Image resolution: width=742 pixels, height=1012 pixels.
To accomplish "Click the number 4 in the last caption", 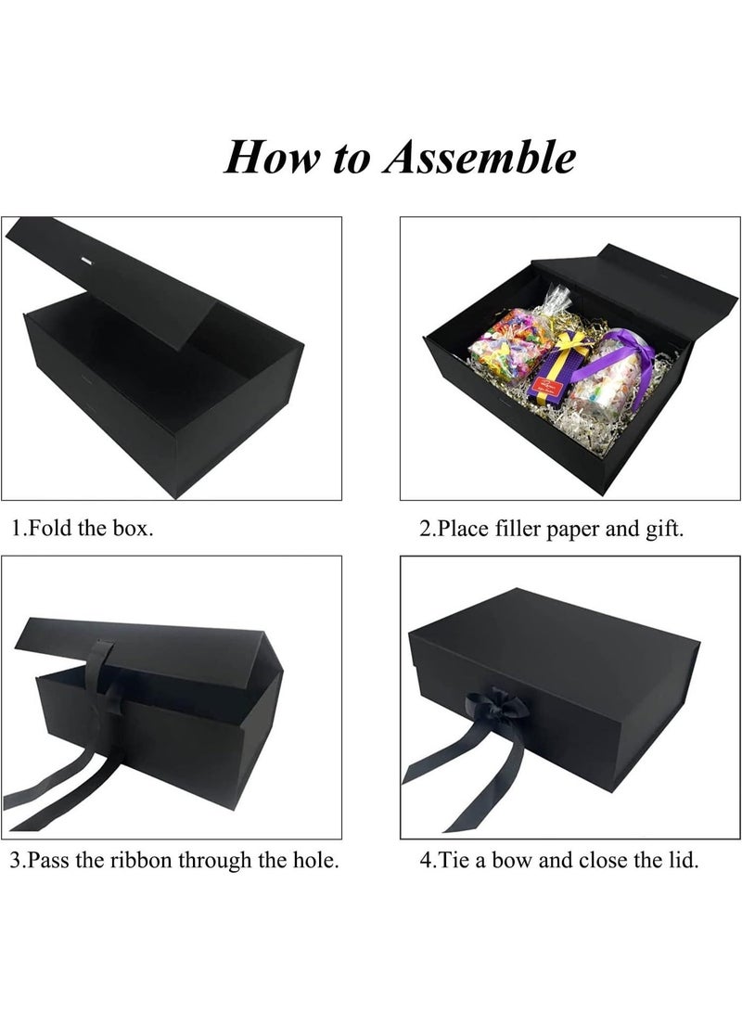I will click(x=426, y=860).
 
